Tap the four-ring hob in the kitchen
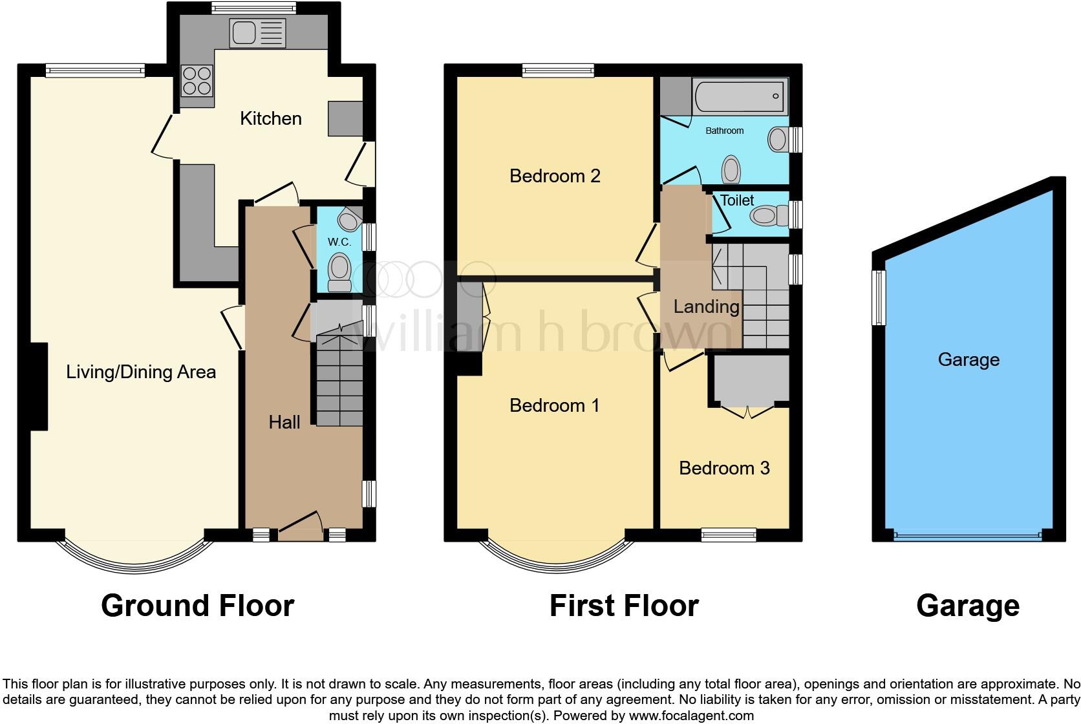197,81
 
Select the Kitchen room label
270,118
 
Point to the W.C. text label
339,242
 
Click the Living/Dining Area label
141,372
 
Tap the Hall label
284,422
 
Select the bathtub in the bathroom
740,96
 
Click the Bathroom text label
724,131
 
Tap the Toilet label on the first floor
737,200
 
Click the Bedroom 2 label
555,175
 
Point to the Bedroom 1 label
554,405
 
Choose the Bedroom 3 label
724,468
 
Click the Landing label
706,306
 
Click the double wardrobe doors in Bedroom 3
748,411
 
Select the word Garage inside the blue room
968,359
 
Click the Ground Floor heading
197,606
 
